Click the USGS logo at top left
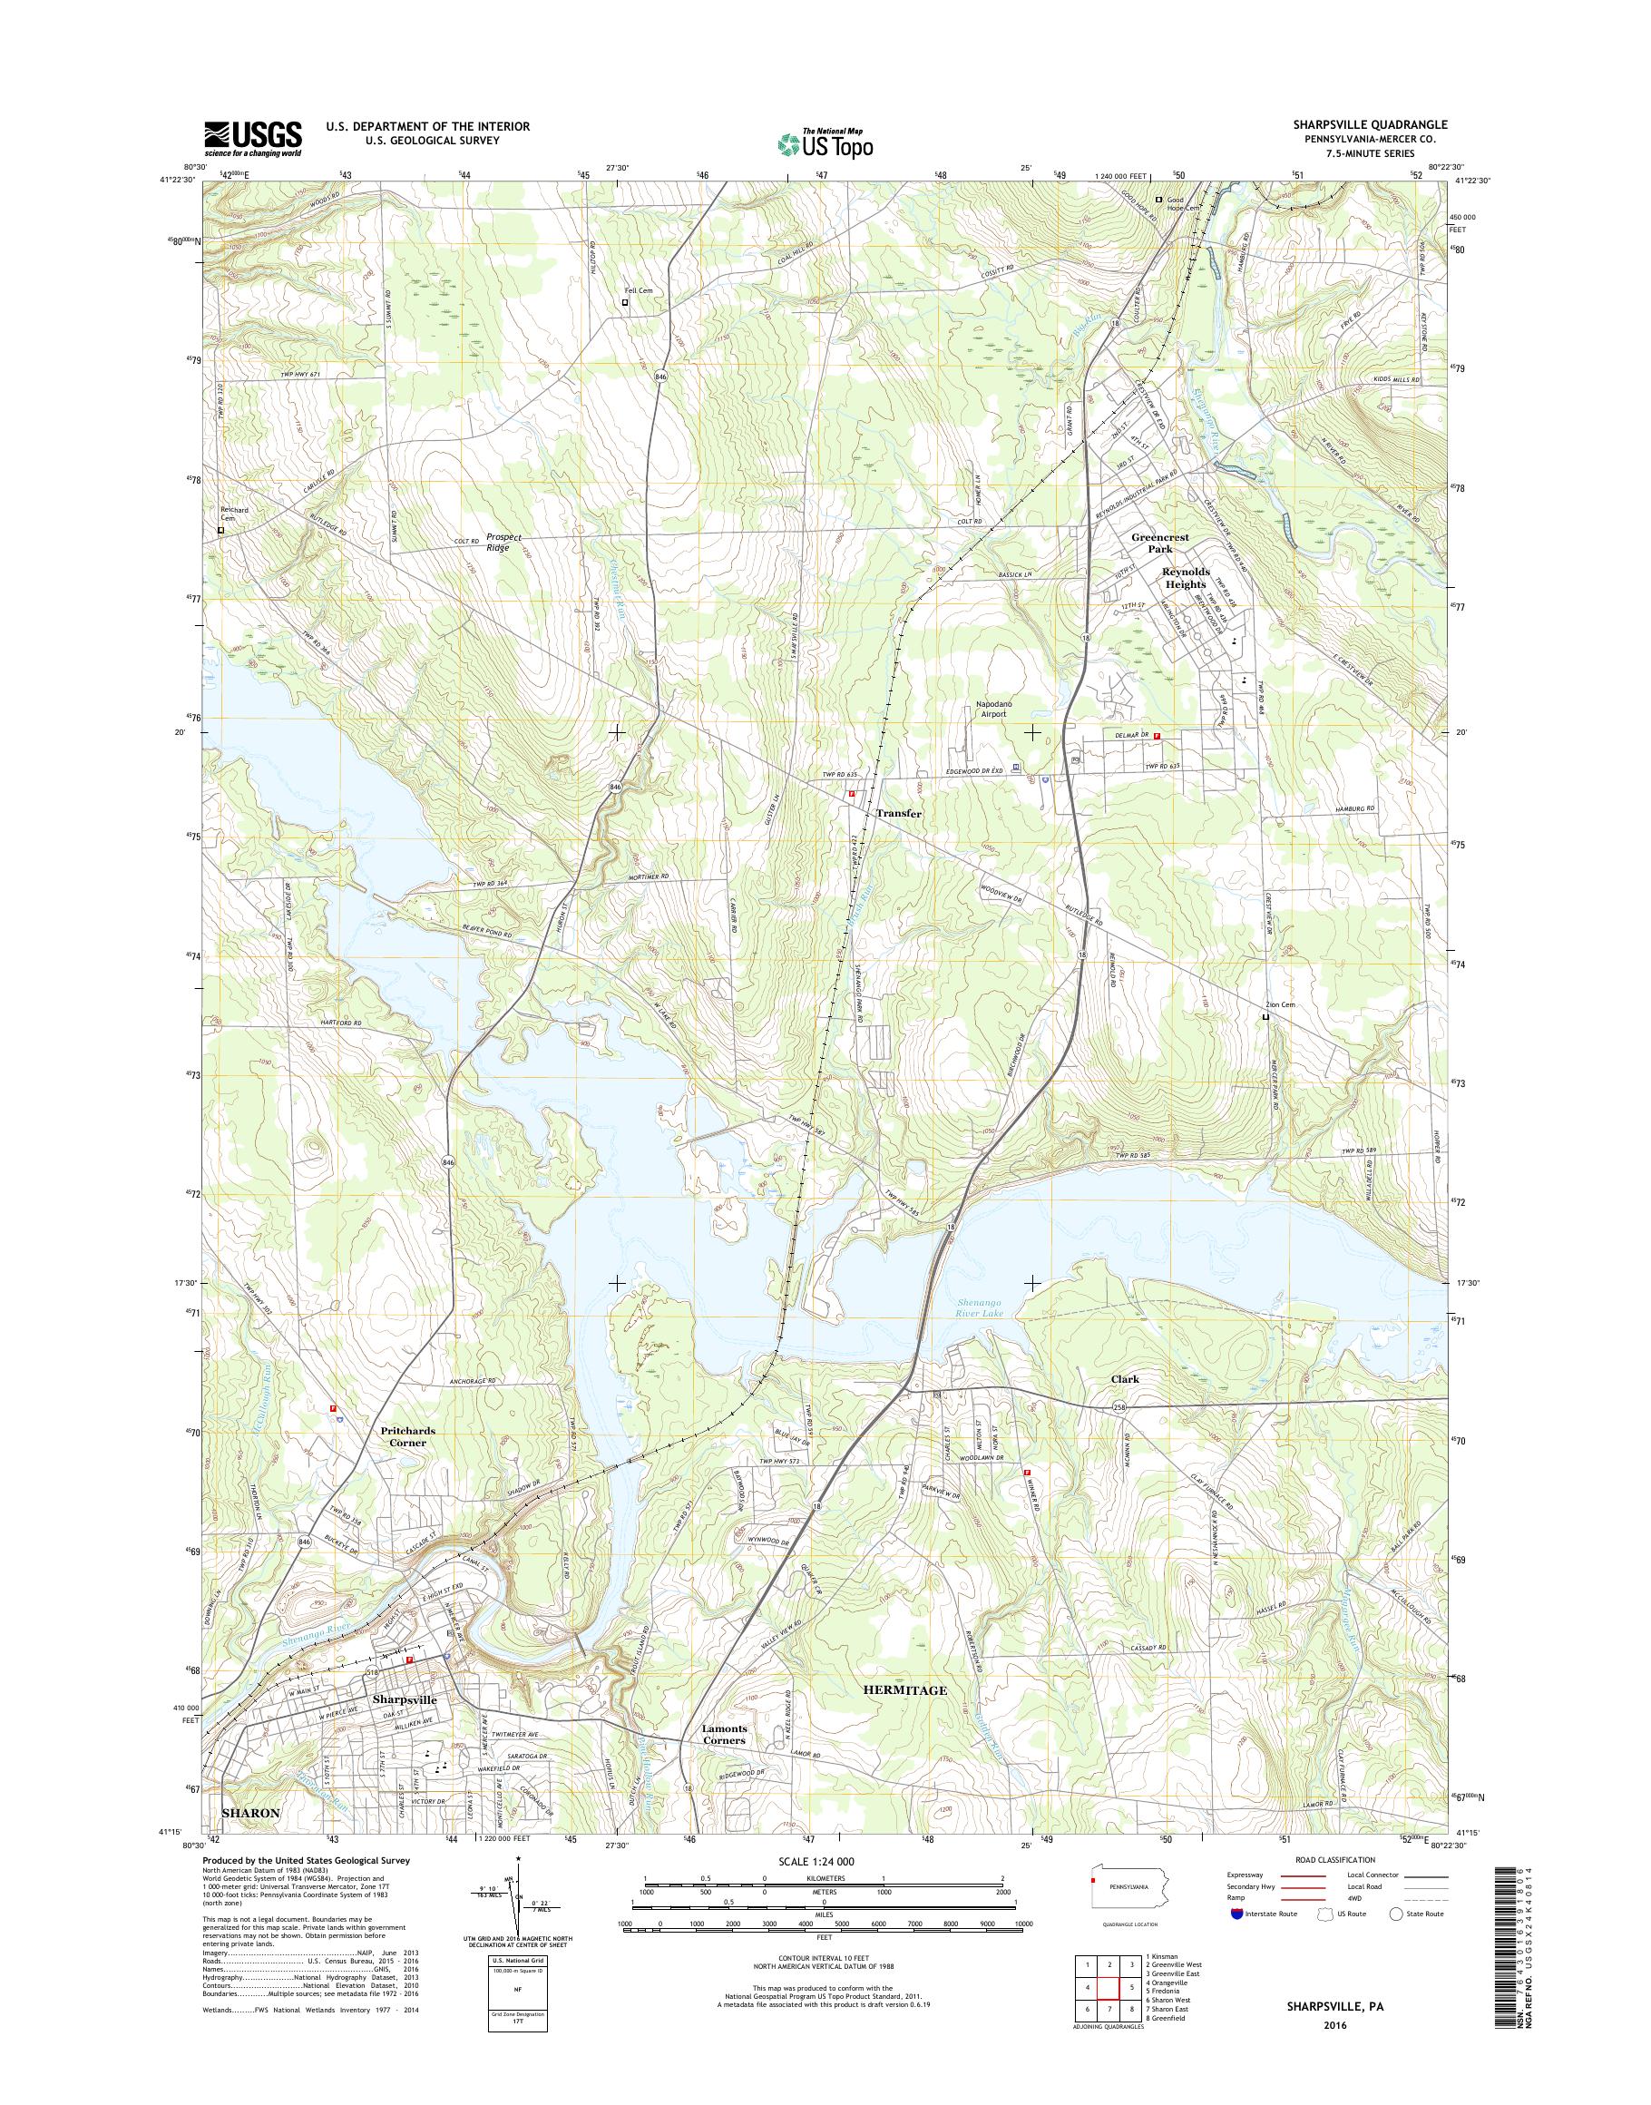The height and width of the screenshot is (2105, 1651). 252,138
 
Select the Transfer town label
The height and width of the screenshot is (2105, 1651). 898,814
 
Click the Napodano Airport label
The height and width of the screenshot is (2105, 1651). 992,710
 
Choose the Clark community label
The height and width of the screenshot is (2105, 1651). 1124,1380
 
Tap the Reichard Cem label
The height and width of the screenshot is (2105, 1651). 233,514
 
